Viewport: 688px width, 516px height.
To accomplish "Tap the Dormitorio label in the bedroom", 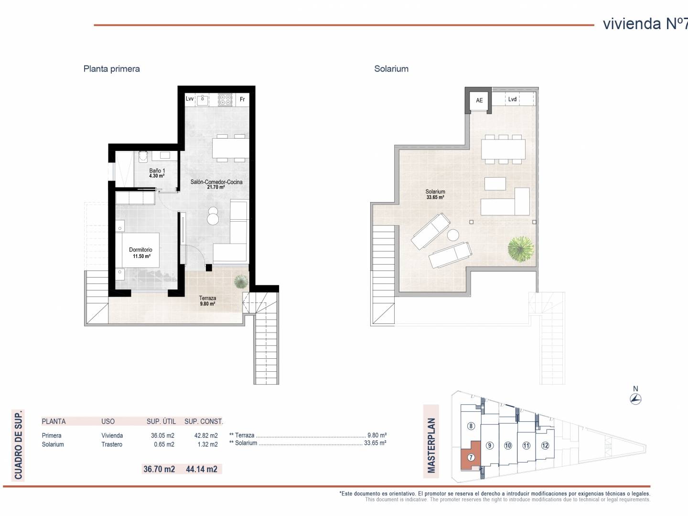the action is [140, 250].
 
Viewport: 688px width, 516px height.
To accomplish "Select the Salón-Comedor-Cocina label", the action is [216, 182].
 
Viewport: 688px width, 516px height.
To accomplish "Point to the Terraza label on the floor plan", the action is [207, 298].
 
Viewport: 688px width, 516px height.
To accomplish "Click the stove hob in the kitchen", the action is [226, 100].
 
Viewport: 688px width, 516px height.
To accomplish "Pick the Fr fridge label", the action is [242, 99].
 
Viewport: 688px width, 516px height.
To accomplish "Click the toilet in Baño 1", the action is [143, 157].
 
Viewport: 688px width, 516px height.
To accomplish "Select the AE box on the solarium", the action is [479, 100].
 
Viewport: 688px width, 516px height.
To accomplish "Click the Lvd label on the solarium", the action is [512, 99].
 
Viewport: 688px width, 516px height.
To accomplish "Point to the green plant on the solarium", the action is [521, 249].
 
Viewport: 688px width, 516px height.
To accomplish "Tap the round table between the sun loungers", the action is [453, 235].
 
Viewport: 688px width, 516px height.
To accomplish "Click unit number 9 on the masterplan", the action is [490, 445].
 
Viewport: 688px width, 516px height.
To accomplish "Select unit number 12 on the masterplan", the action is [545, 445].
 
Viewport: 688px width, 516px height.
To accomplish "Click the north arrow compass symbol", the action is [635, 399].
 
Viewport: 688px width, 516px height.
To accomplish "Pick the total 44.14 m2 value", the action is [202, 469].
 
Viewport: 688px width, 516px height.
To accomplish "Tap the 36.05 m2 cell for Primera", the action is [162, 435].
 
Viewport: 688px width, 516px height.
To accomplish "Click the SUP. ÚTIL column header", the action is [161, 421].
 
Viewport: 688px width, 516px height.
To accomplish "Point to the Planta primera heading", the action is [112, 69].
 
